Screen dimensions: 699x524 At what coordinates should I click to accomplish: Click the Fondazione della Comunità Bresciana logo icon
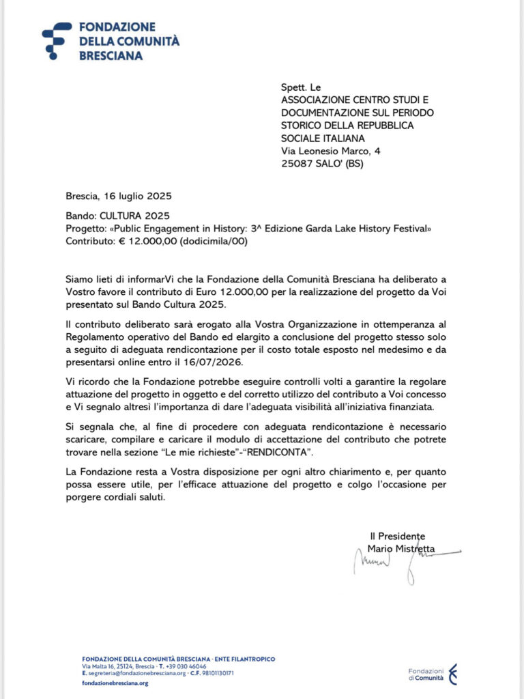(x=57, y=40)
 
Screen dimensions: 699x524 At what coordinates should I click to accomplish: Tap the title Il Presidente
(x=397, y=537)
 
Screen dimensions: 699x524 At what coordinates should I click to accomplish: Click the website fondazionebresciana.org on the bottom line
(x=115, y=683)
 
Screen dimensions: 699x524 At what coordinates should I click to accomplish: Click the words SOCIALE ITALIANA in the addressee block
(x=323, y=138)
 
